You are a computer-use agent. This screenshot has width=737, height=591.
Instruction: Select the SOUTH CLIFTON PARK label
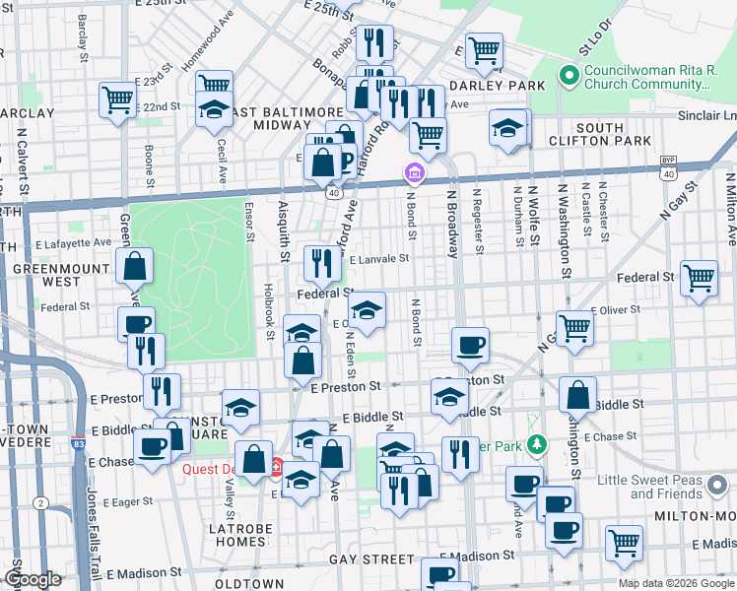click(x=600, y=135)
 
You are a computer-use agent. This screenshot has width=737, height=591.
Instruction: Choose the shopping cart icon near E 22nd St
click(x=116, y=98)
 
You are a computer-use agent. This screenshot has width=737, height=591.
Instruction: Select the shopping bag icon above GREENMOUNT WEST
click(x=134, y=265)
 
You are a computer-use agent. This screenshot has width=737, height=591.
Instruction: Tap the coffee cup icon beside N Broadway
click(x=471, y=345)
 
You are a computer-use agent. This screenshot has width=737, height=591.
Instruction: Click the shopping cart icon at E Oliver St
click(x=574, y=327)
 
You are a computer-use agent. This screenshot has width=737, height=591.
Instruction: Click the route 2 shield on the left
click(x=40, y=503)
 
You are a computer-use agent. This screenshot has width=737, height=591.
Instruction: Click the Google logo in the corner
click(x=33, y=579)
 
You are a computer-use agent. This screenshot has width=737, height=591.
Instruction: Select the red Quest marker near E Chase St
click(x=278, y=467)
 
